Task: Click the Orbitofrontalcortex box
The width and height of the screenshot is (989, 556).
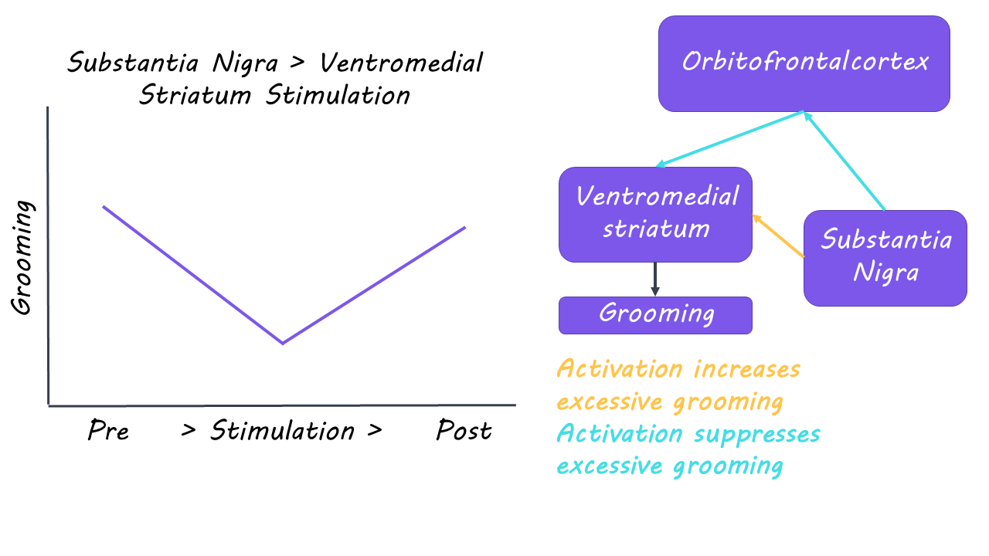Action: [x=804, y=63]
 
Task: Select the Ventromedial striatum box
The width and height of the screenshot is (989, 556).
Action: [x=655, y=214]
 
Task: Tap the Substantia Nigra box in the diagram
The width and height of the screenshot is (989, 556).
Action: [x=885, y=258]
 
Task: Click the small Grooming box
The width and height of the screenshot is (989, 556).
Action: [x=655, y=315]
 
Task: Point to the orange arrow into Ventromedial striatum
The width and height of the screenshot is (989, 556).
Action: [x=778, y=236]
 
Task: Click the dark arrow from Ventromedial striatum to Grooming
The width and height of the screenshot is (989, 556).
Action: [x=655, y=279]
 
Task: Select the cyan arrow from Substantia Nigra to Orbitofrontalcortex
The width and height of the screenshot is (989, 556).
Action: [x=845, y=161]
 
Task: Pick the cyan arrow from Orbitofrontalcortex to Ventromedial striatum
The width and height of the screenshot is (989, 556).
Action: [x=730, y=139]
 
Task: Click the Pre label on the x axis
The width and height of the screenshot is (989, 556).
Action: [x=108, y=431]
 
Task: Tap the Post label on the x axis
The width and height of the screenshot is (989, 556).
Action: [x=464, y=431]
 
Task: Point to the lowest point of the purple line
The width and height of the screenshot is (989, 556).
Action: [x=283, y=343]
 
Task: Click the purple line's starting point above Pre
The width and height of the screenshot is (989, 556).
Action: [x=104, y=207]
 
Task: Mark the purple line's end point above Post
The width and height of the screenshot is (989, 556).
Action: [x=464, y=227]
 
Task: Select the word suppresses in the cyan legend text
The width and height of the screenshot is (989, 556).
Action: [x=756, y=434]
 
